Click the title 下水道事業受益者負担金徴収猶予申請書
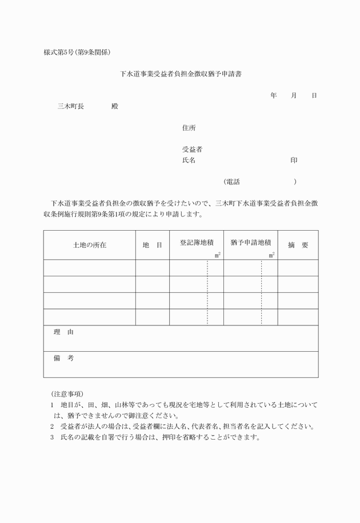tap(180, 74)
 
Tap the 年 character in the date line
tap(274, 95)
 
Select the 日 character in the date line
tap(314, 95)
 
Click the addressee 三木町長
tap(71, 106)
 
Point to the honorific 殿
tap(115, 106)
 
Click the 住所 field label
tap(189, 128)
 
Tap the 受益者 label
tap(192, 150)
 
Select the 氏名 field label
tap(189, 160)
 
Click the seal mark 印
tap(293, 160)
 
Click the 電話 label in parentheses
tap(233, 182)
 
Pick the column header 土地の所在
tap(90, 245)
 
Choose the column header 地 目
tap(152, 245)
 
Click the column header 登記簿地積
tap(197, 243)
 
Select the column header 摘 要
tap(298, 245)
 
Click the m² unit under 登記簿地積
tap(218, 255)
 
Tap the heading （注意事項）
tap(67, 394)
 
